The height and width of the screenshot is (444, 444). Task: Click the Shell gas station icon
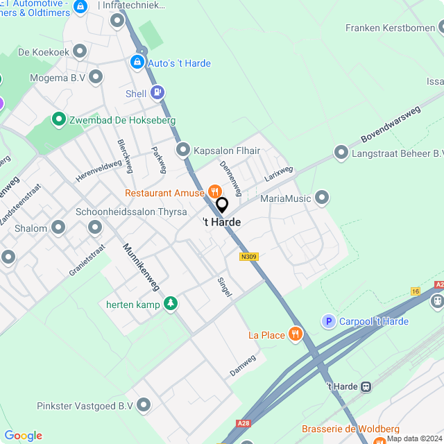coord(159,92)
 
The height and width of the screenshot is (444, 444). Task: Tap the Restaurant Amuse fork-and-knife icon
coord(214,191)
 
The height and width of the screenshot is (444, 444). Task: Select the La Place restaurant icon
coord(296,334)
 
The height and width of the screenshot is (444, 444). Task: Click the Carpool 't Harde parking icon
coord(328,321)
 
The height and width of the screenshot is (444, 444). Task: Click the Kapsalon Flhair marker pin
coord(183,150)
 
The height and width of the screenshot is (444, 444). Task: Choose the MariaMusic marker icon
coord(321,198)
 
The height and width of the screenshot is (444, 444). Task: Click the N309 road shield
coord(248,257)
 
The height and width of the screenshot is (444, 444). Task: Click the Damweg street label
coord(243,366)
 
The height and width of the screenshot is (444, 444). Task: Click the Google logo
coord(24,435)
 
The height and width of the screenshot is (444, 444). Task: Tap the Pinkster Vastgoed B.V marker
coord(144,404)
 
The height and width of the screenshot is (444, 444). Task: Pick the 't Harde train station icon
coord(367,386)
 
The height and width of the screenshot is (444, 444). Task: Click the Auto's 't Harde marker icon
coord(137,63)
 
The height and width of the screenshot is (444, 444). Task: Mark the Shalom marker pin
coord(58,228)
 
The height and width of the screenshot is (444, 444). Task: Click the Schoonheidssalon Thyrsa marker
coord(96,227)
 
